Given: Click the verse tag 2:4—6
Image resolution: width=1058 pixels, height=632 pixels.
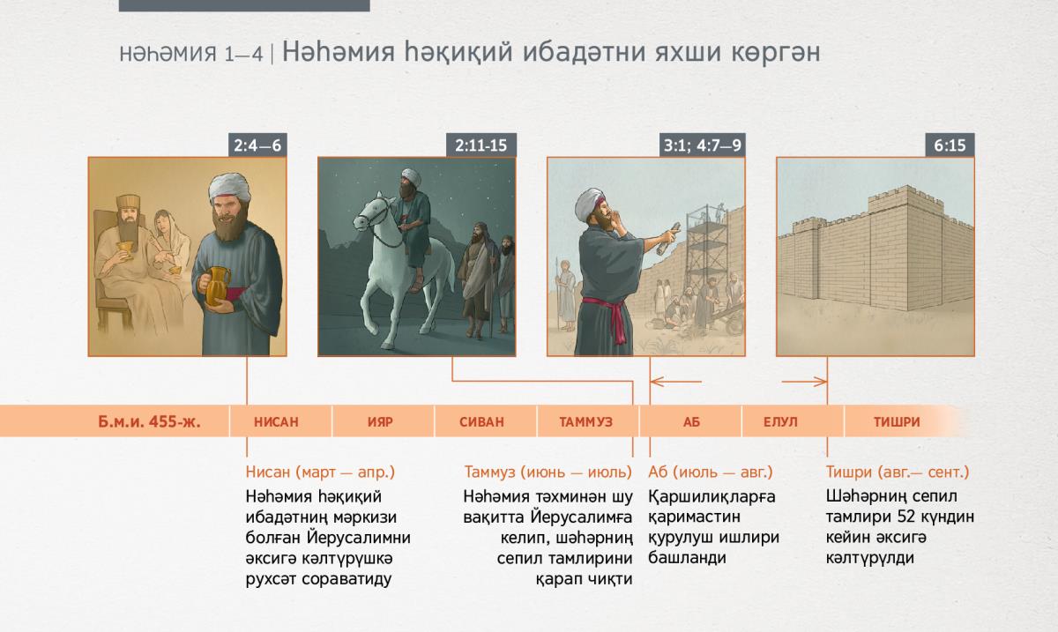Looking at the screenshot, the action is (257, 145).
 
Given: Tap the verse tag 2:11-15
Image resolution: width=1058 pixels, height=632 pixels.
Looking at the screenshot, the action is (481, 145).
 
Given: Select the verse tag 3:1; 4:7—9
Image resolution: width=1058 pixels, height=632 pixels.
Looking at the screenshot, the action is (703, 145).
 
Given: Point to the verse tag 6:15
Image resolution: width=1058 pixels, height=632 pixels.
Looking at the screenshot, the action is (950, 145).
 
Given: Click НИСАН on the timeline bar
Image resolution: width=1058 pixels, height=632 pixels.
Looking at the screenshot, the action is (276, 422).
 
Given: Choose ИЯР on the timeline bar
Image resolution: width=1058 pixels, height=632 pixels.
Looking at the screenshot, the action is (380, 422).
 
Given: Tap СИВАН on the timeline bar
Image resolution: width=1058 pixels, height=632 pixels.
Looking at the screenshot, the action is (481, 422).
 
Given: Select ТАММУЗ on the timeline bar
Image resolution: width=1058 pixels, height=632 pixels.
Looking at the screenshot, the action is (586, 422).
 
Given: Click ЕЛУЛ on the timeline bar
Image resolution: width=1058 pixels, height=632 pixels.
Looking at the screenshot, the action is (780, 422).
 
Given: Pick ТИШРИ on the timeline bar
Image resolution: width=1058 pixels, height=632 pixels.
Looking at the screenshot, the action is (897, 422).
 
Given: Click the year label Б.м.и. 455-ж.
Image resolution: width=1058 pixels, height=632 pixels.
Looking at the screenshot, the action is (149, 421).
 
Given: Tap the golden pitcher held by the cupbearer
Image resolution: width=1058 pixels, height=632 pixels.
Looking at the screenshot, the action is (217, 286).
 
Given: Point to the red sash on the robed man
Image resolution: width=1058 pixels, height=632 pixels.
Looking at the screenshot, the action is (609, 314).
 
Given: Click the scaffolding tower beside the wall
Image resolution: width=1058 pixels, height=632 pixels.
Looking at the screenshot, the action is (706, 255).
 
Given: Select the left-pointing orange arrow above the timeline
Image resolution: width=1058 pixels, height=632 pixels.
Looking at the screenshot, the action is (676, 382).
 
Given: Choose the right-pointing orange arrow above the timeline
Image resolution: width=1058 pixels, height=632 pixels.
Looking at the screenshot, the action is (804, 382).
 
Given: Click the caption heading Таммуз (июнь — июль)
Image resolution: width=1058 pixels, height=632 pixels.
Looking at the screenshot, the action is (548, 472).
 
